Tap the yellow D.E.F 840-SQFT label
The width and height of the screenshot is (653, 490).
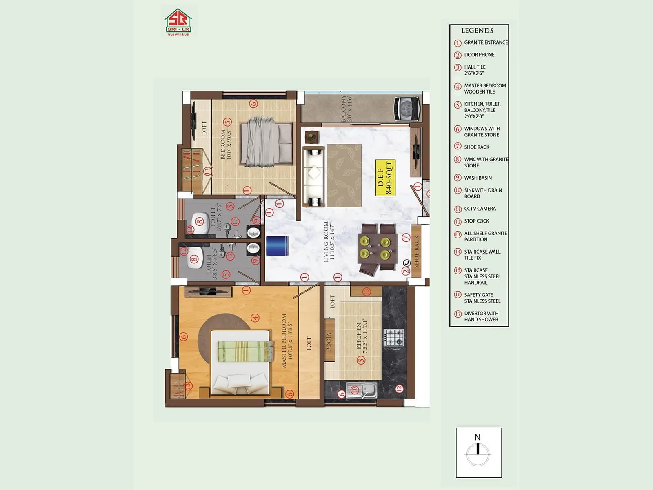(385, 178)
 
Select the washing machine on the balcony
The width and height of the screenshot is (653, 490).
(406, 109)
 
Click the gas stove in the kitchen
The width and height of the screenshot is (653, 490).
(393, 338)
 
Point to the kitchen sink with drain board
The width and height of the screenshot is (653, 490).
(362, 390)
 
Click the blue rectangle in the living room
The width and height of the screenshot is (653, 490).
(277, 246)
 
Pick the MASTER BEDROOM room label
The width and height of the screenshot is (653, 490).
(287, 341)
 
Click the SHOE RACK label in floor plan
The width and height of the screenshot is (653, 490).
(416, 252)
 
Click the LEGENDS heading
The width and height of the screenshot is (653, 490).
(477, 31)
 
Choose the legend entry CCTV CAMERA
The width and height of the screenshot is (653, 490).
(480, 209)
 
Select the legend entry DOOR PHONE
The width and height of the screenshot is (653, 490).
(479, 55)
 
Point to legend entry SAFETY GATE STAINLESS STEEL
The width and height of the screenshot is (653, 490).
(482, 298)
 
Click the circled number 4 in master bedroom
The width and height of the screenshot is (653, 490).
(255, 318)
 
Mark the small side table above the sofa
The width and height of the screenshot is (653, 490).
(312, 137)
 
